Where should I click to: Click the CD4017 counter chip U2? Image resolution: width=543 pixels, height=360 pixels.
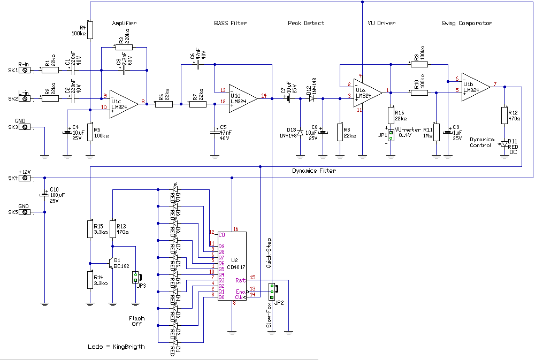232,266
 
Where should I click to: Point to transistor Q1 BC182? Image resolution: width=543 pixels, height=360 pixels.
111,264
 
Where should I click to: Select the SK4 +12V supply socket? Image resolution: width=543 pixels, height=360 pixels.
24,177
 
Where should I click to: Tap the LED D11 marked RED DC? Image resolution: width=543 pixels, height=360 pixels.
503,144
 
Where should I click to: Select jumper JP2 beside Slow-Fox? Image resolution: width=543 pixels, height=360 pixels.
272,291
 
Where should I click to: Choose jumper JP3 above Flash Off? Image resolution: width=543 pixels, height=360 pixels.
135,277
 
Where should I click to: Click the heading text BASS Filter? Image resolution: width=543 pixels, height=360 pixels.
231,23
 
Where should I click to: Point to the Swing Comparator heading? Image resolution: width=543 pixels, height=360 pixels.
466,23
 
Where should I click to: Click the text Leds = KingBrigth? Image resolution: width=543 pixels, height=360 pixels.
116,347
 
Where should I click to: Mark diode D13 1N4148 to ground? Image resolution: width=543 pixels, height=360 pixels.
300,132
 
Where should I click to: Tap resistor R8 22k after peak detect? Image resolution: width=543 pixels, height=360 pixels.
340,132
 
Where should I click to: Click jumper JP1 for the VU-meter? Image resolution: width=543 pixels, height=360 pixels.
391,134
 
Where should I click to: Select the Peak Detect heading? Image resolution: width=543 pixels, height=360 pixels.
306,23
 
